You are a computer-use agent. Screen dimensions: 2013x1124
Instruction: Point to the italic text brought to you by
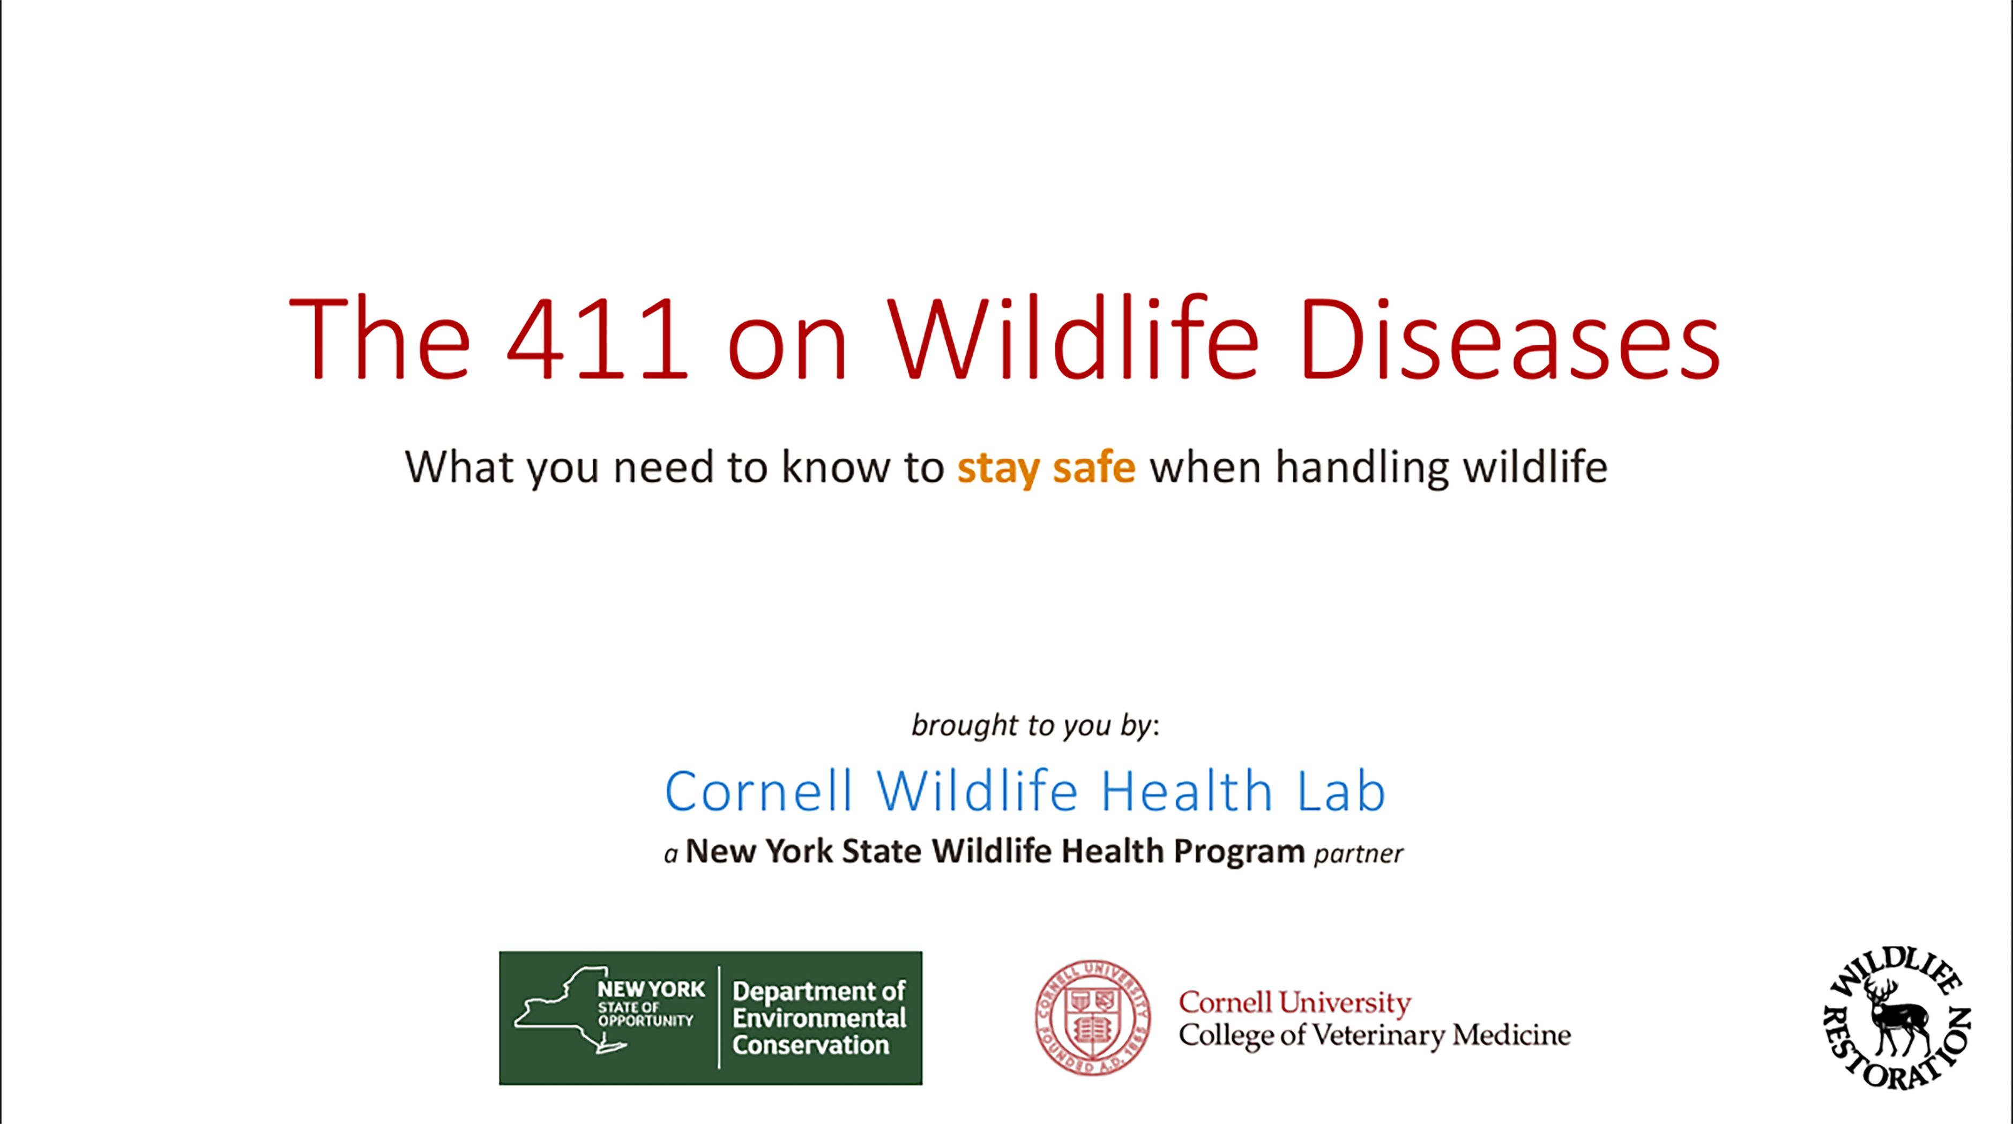[x=1035, y=725]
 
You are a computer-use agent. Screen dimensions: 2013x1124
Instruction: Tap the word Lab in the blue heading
[x=1341, y=791]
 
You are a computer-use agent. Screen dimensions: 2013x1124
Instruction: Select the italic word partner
[x=1358, y=853]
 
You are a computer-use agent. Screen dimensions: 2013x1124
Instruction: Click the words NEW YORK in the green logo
[x=651, y=989]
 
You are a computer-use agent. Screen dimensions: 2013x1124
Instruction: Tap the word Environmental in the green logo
[x=819, y=1018]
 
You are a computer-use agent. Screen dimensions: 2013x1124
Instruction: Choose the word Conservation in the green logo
[x=810, y=1045]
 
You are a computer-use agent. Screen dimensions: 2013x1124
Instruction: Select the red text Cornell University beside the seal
[x=1295, y=1002]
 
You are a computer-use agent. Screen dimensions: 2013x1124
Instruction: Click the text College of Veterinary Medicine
[x=1375, y=1036]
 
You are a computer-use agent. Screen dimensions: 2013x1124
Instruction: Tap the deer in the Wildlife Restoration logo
[x=1897, y=1017]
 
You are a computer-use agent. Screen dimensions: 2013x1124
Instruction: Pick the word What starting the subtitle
[x=459, y=467]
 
